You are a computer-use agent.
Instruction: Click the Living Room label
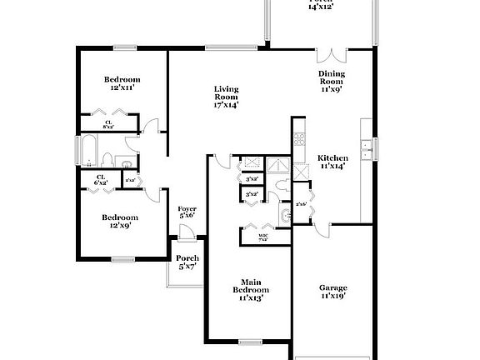pyautogui.click(x=226, y=97)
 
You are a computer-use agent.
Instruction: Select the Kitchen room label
pyautogui.click(x=332, y=161)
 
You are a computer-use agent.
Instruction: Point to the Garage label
pyautogui.click(x=333, y=292)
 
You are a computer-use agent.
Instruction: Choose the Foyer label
pyautogui.click(x=187, y=212)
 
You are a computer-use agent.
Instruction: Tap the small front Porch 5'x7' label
pyautogui.click(x=187, y=262)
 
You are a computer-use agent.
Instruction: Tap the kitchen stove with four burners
pyautogui.click(x=300, y=142)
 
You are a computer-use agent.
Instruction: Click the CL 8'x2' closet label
pyautogui.click(x=107, y=125)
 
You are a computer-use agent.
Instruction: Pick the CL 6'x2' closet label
pyautogui.click(x=100, y=179)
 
